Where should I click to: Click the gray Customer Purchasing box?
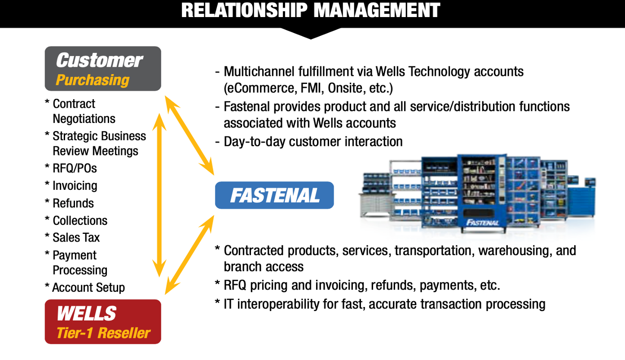[x=103, y=69]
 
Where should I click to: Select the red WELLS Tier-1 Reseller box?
[x=103, y=322]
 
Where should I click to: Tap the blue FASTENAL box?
[x=274, y=195]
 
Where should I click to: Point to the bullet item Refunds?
[x=73, y=203]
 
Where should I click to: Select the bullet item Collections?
[x=80, y=221]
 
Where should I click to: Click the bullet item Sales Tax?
[x=76, y=238]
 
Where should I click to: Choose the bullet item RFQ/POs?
[x=75, y=168]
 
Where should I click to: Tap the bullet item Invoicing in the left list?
[x=75, y=186]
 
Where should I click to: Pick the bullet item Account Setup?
[x=88, y=288]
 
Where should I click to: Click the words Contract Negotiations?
[x=84, y=111]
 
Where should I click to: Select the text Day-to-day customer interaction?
[x=313, y=142]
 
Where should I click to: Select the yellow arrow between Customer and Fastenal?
[x=189, y=135]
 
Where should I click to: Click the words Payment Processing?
[x=80, y=263]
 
